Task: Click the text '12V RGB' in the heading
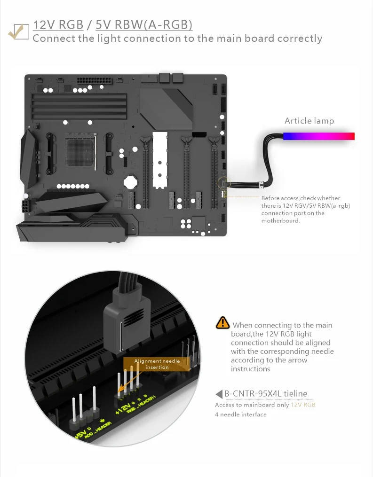click(58, 24)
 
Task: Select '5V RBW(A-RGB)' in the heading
click(144, 25)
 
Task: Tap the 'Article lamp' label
click(309, 121)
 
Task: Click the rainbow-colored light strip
click(319, 136)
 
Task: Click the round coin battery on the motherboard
click(130, 182)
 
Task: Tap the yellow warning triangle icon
click(222, 323)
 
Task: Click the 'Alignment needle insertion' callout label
click(157, 364)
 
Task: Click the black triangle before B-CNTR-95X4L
click(219, 394)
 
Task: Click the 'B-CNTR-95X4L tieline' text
click(266, 394)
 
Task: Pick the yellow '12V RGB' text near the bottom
click(303, 405)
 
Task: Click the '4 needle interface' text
click(240, 414)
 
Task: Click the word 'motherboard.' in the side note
click(280, 220)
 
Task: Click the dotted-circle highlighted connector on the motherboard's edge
click(224, 183)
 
